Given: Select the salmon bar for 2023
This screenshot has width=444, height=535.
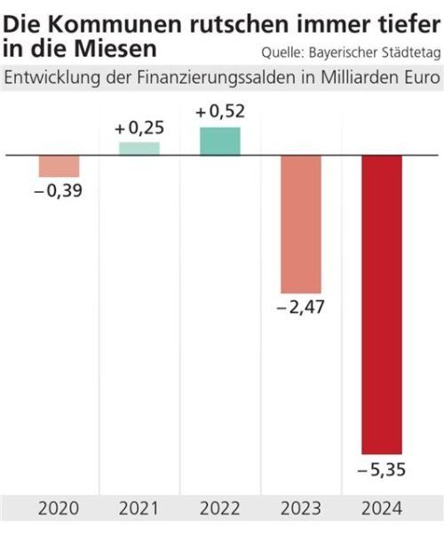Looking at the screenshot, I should [x=301, y=224].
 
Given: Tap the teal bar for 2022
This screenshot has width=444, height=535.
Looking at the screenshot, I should [x=220, y=141].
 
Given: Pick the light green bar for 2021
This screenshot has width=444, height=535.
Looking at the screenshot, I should [x=139, y=148].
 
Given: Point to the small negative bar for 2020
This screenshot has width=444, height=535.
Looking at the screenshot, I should [x=59, y=166].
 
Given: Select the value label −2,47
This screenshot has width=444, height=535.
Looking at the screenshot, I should [x=301, y=308].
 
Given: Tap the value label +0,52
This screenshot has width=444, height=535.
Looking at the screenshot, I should [x=219, y=112].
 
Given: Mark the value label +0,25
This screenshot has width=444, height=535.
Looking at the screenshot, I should [x=139, y=128].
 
